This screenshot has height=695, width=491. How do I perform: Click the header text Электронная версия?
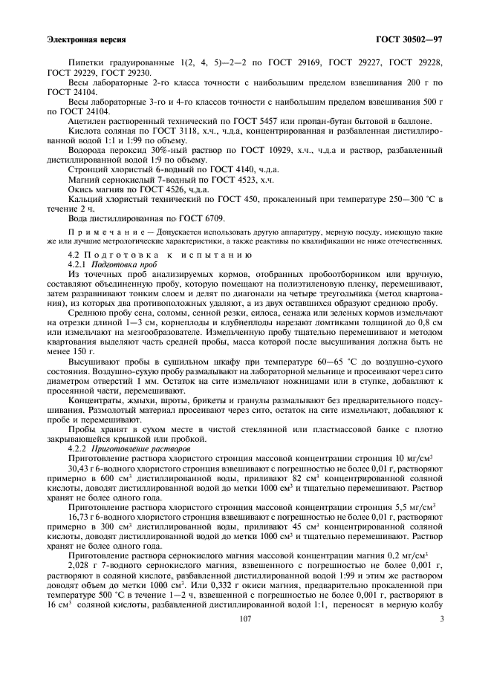(x=86, y=39)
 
